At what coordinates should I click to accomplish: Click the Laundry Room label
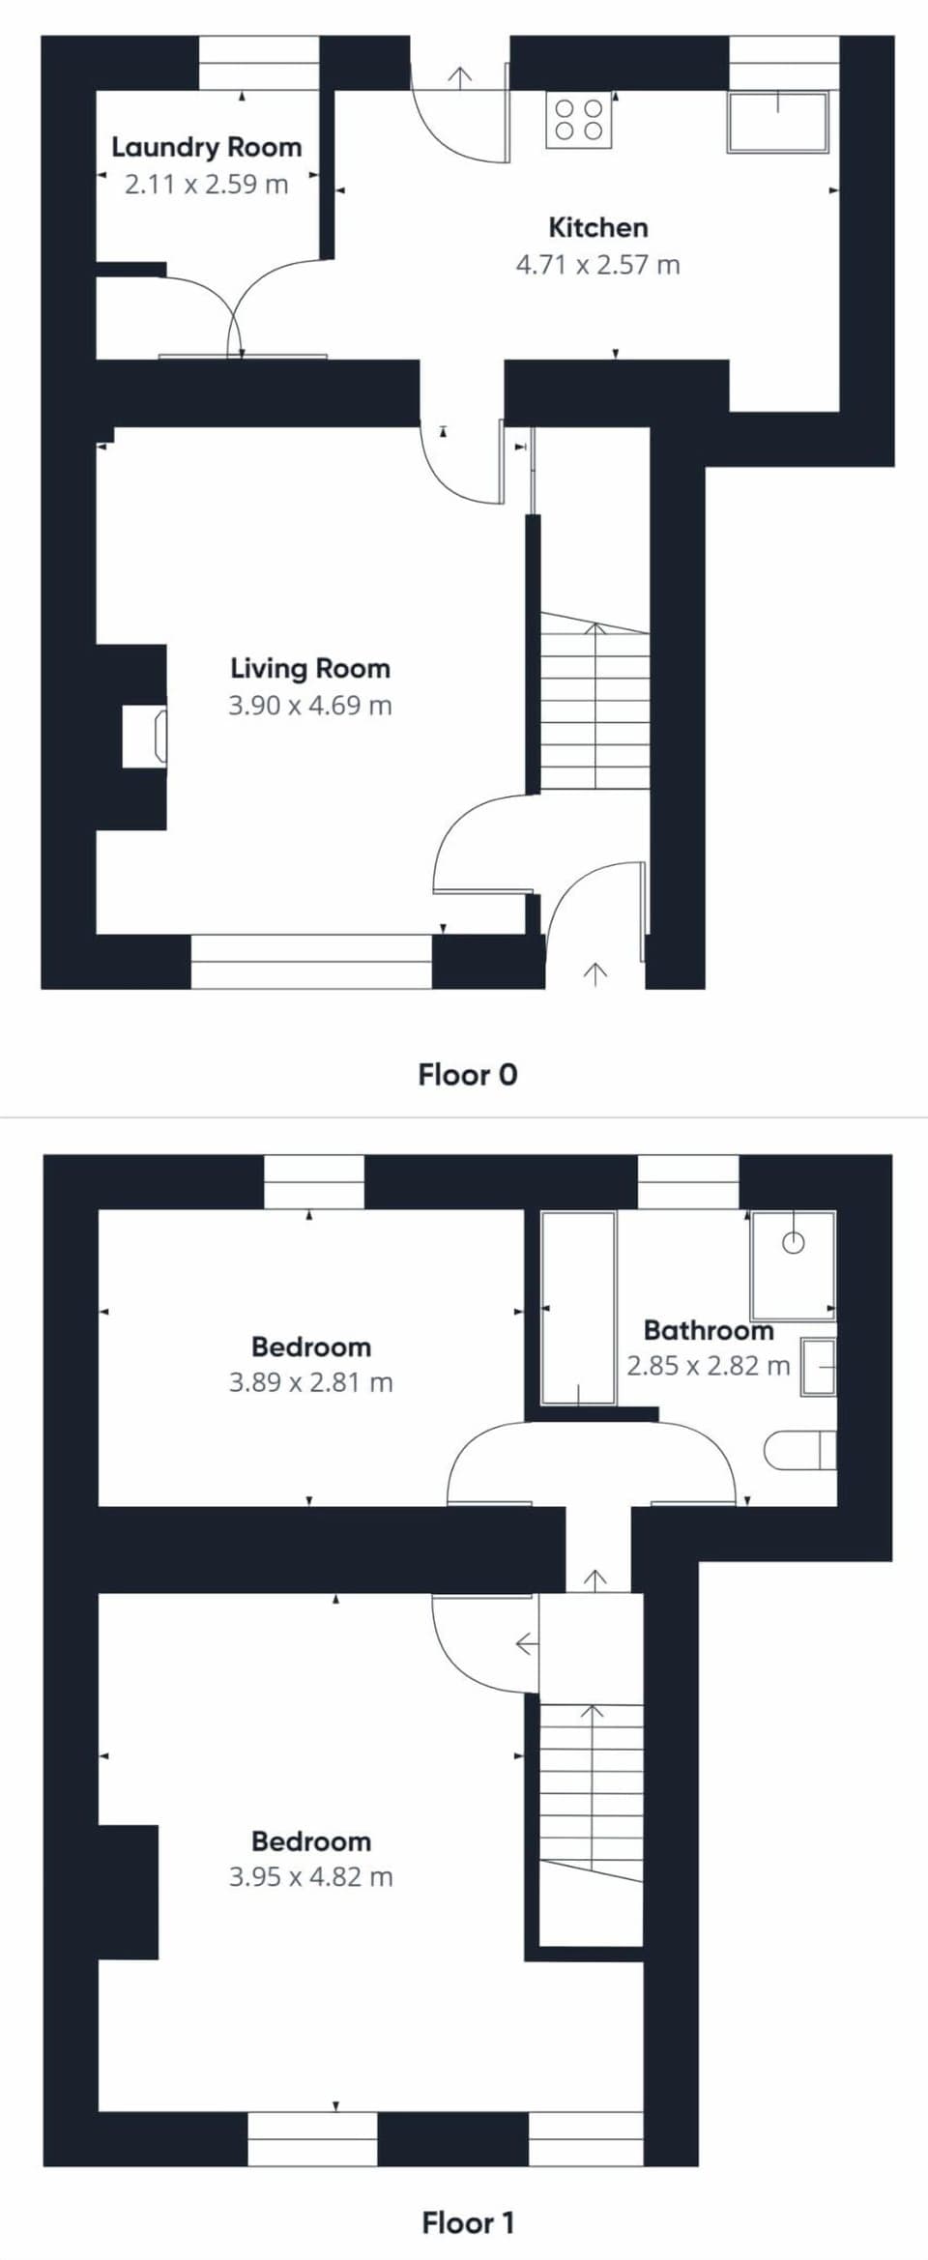[206, 147]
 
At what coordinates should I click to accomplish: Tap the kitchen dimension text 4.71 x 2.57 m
[597, 265]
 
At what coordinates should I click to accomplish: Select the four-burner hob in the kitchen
[579, 120]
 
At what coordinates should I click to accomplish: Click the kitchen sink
[778, 122]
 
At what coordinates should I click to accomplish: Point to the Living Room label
[310, 668]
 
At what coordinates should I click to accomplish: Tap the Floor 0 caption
[467, 1074]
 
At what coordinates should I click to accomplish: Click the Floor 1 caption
[467, 2222]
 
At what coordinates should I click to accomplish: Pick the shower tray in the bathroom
[793, 1264]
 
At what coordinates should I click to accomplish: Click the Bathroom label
[709, 1330]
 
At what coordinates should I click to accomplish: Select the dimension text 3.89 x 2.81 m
[310, 1382]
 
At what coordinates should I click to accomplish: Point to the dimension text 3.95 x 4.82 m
[310, 1876]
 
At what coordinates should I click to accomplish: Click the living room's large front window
[311, 961]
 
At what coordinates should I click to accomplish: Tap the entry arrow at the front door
[595, 972]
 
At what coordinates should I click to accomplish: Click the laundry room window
[259, 64]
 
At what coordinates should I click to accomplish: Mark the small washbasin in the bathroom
[818, 1367]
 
